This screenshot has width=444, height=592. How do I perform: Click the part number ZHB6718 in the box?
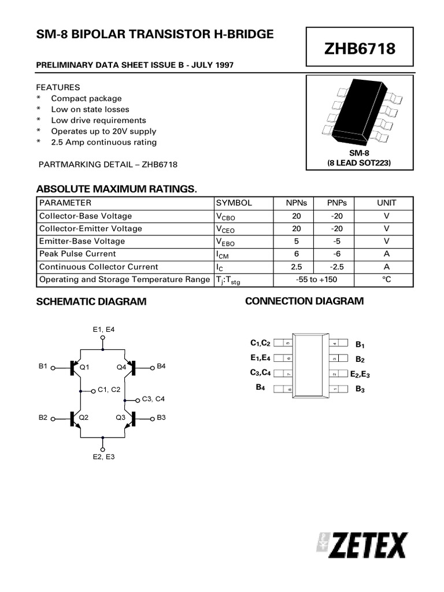coord(359,49)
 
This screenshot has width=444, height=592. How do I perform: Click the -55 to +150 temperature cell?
coord(316,280)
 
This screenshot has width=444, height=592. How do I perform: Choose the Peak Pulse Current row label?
coord(77,254)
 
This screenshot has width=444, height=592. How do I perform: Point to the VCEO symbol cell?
coord(225,229)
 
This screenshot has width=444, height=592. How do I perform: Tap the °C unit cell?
coord(386,280)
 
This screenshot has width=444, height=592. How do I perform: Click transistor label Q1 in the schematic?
coord(84,367)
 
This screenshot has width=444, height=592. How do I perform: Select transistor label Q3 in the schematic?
coord(121,417)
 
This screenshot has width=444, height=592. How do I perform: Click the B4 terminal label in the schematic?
coord(161,367)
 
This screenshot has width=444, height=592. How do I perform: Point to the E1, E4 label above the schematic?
coord(103,329)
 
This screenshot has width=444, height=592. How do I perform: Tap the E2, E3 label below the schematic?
coord(103,457)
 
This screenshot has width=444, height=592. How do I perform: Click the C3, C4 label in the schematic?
coord(153,399)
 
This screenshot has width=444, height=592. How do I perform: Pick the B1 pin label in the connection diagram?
coord(360,345)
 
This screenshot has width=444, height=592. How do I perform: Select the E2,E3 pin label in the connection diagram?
coord(360,375)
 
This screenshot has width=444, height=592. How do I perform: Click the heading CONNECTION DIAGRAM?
coord(304,301)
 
